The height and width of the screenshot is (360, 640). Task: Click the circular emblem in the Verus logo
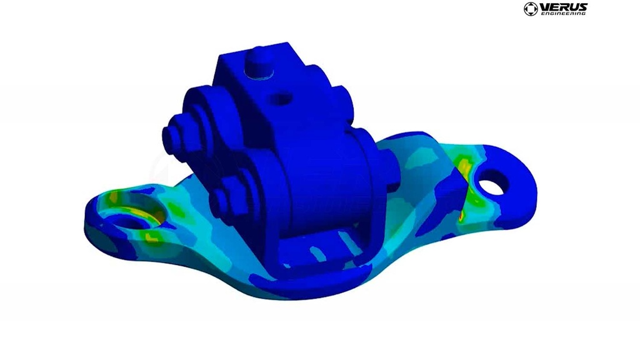[531, 9]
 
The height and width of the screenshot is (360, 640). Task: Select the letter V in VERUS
[544, 6]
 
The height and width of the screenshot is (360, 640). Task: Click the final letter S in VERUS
[582, 6]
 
